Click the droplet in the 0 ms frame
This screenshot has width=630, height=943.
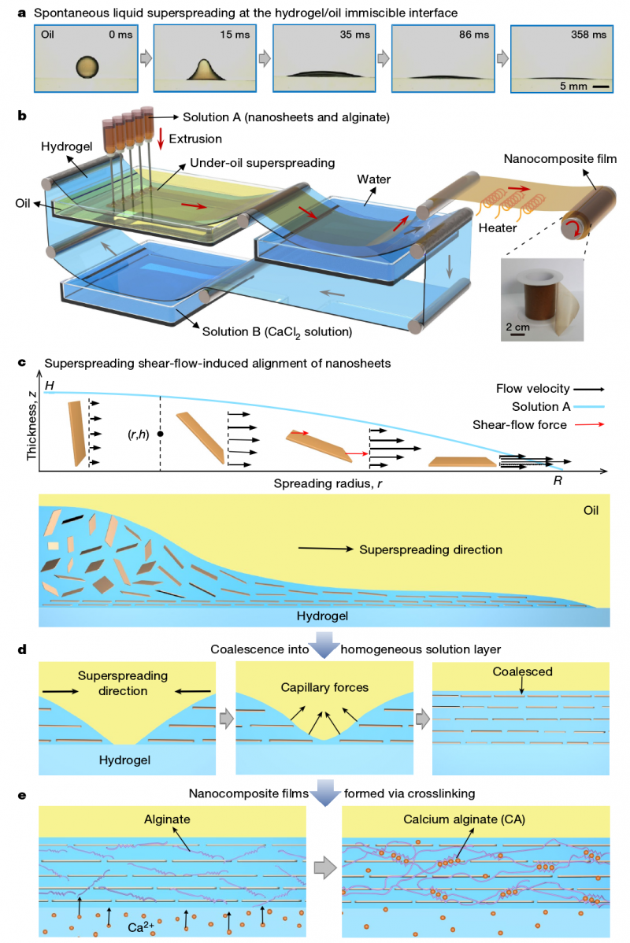pyautogui.click(x=88, y=67)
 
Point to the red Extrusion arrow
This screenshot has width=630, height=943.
pyautogui.click(x=161, y=139)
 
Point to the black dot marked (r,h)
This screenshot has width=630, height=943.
pyautogui.click(x=161, y=433)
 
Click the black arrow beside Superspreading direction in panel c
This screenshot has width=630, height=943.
pyautogui.click(x=324, y=549)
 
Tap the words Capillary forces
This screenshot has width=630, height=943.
pyautogui.click(x=324, y=687)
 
